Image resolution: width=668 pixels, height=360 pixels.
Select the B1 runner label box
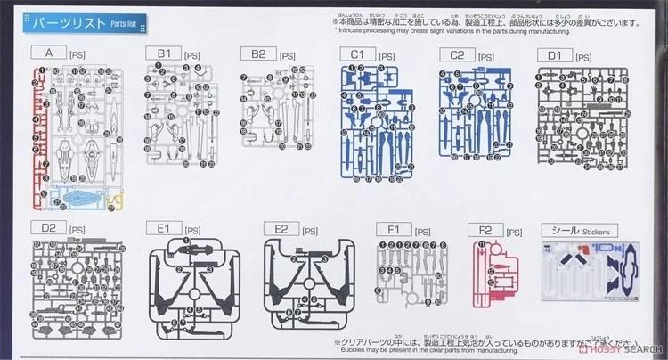164,54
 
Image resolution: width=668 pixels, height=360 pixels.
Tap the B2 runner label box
258,54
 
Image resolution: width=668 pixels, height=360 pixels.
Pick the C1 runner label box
358,54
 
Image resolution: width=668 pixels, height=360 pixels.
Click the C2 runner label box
458,54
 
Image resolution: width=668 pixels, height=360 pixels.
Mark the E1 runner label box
164,229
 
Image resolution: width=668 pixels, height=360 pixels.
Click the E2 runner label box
281,229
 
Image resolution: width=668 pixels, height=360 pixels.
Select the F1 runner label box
394,229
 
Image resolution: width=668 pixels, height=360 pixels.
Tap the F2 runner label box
485,229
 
